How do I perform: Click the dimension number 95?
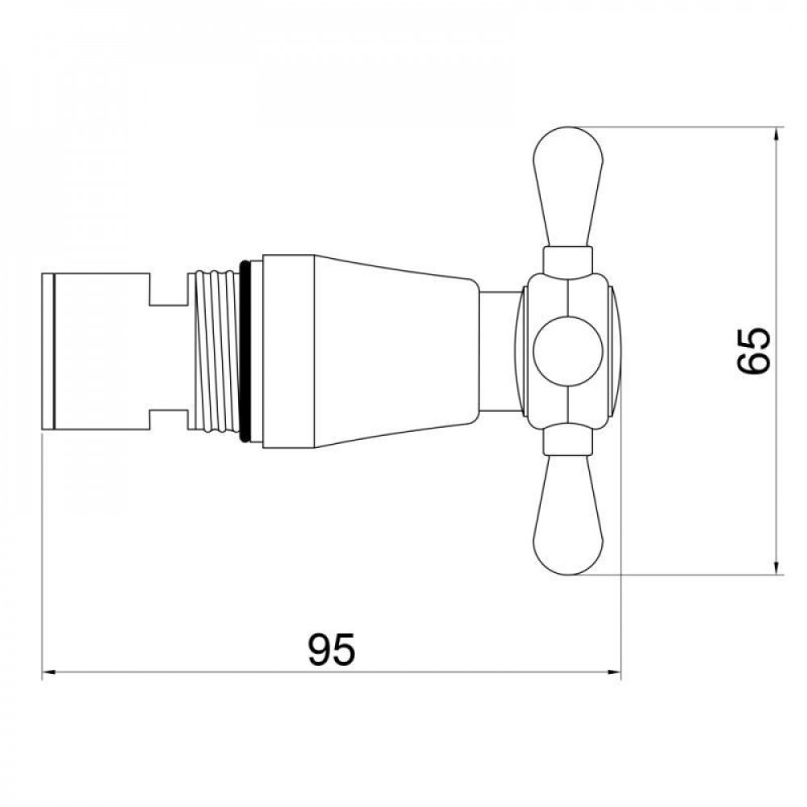[331, 649]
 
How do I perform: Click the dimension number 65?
[754, 350]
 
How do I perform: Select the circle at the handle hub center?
[567, 351]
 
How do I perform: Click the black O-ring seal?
[245, 351]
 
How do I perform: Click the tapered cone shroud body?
[396, 351]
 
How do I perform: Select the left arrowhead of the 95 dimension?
[48, 671]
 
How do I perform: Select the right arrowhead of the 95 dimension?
[614, 671]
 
